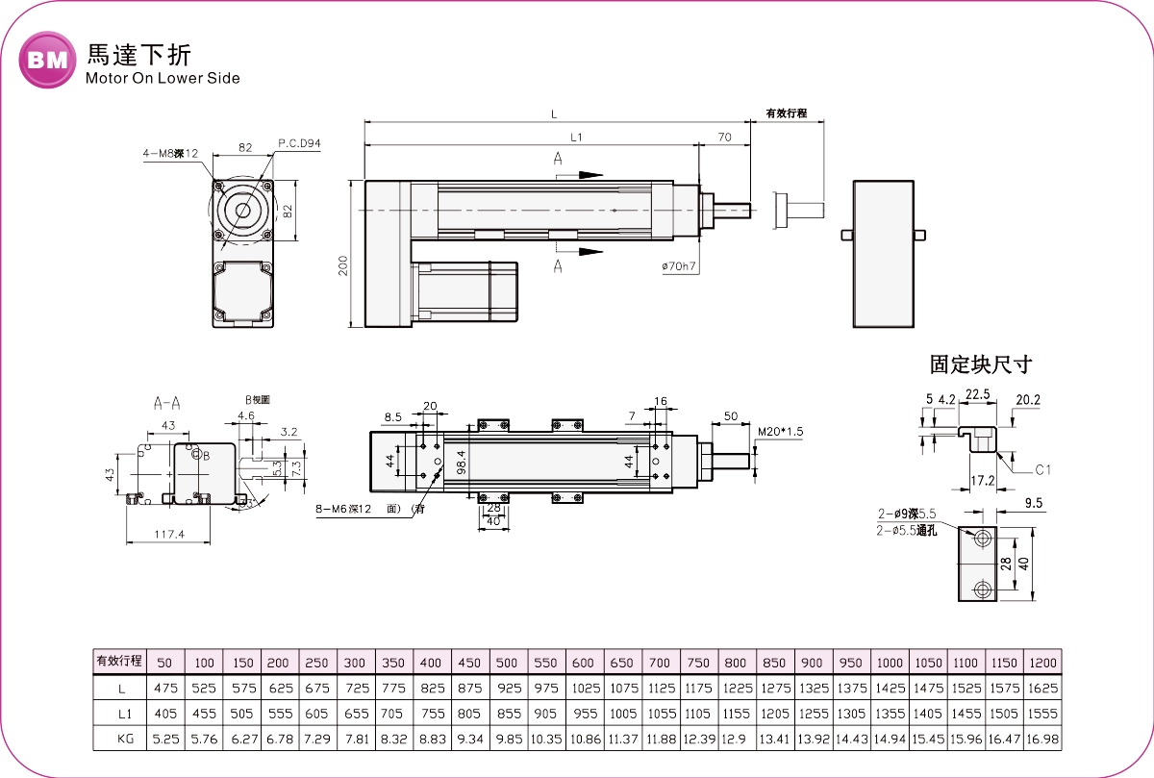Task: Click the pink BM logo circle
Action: click(x=47, y=60)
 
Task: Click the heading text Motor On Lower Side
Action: click(x=163, y=78)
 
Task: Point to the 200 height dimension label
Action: click(x=343, y=265)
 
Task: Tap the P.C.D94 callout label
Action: click(x=299, y=143)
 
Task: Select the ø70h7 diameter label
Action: click(x=678, y=265)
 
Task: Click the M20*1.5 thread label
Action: click(x=779, y=432)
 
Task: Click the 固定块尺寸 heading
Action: click(x=980, y=364)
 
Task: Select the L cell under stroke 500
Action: click(x=507, y=689)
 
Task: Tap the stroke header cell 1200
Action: click(x=1042, y=664)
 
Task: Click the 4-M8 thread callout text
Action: click(x=170, y=153)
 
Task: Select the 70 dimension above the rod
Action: click(x=725, y=138)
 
